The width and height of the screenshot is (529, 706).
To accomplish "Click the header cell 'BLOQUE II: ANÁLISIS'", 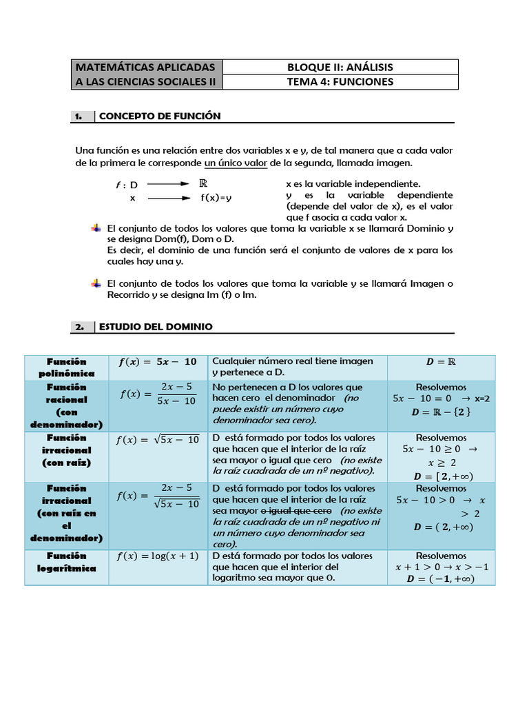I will [x=340, y=67].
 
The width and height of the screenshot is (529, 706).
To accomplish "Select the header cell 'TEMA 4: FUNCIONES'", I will [x=340, y=81].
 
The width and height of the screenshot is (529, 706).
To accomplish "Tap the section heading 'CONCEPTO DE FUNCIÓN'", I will [x=160, y=116].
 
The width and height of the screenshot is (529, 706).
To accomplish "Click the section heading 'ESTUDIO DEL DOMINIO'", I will [x=156, y=327].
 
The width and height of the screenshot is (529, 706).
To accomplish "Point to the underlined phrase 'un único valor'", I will [x=236, y=163].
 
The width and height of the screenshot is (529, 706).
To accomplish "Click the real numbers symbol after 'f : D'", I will [x=203, y=183].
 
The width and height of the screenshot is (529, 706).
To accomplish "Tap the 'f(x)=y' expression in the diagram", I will [x=216, y=198].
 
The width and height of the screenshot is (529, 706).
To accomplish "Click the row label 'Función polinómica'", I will [x=67, y=367].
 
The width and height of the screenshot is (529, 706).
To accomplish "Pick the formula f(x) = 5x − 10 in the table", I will [x=158, y=361].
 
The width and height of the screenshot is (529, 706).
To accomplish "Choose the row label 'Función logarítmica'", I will [x=67, y=562].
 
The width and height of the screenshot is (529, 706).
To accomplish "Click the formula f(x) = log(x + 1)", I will [x=158, y=556].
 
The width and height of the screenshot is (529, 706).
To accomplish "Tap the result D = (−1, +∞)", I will [x=441, y=578].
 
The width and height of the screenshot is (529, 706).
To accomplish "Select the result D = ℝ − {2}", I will [x=441, y=412].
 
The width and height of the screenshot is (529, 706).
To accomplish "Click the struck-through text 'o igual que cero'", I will [x=295, y=511].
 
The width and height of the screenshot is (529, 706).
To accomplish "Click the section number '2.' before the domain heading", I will [x=80, y=327].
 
